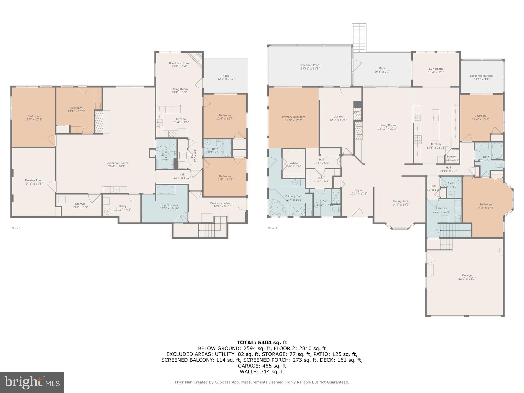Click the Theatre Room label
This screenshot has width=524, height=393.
[34, 180]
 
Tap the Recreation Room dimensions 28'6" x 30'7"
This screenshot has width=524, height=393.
[117, 167]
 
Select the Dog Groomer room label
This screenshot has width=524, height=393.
[169, 205]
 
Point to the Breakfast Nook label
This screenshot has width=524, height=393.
[179, 63]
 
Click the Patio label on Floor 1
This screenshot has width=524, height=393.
[226, 76]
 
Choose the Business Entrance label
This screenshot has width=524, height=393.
[222, 203]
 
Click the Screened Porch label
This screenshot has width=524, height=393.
[310, 65]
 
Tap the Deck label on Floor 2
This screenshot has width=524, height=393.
[382, 68]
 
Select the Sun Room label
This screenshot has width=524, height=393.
[436, 69]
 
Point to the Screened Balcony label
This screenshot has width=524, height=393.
[482, 76]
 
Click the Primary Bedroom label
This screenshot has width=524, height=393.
[293, 117]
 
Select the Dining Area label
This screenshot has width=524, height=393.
[401, 201]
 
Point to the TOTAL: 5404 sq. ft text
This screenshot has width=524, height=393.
[262, 343]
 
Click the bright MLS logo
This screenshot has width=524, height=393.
[32, 382]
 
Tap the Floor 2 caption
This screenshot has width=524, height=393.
[273, 228]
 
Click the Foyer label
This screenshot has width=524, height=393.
[358, 190]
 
